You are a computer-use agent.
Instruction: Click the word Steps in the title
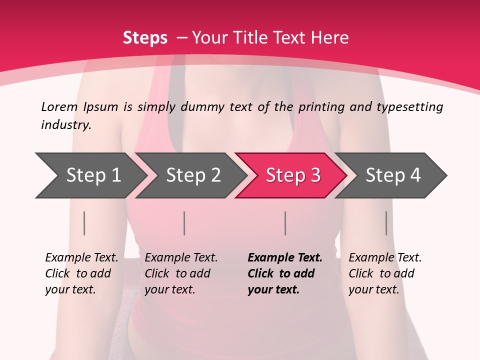tap(145, 38)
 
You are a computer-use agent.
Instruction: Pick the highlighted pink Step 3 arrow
tap(293, 175)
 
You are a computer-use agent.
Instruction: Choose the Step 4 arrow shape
tap(393, 175)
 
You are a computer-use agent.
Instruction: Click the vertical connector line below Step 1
tap(84, 223)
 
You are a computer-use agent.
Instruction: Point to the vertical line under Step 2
tap(184, 223)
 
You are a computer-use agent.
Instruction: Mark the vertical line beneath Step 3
tap(285, 223)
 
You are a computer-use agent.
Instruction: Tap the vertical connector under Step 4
tap(386, 223)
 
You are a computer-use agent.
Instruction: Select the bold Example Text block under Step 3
tap(285, 273)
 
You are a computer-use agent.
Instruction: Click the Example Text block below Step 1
tap(81, 273)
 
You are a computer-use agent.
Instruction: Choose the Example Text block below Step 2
tap(181, 273)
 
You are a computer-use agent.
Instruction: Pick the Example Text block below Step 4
tap(385, 273)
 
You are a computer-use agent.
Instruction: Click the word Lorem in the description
tap(59, 106)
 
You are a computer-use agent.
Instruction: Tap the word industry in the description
tap(66, 125)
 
